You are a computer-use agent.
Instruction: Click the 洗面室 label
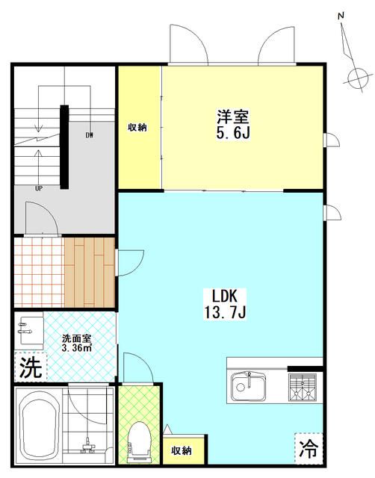(76, 337)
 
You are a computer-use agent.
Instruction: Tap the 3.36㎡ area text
(76, 347)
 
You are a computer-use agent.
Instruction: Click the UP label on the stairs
(37, 188)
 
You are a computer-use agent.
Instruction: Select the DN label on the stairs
(89, 135)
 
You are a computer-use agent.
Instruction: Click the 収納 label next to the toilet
(182, 450)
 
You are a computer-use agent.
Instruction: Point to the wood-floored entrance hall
(89, 273)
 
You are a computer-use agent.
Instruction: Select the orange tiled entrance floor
(37, 273)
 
